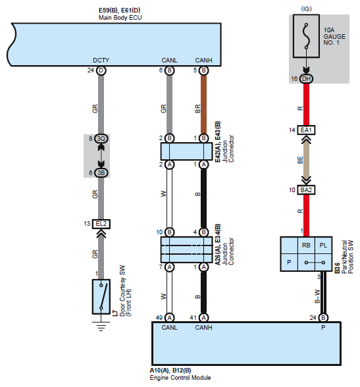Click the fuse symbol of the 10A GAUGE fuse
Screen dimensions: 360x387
point(306,36)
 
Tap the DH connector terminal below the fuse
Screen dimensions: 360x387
point(306,79)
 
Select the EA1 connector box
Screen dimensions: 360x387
point(306,130)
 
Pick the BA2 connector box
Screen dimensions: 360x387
point(306,190)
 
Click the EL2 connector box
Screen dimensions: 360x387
point(101,224)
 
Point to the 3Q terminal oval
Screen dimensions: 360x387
point(101,139)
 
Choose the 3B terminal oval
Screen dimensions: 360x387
point(101,172)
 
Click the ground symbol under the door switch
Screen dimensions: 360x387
point(101,326)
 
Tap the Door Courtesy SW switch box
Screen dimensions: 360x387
point(101,297)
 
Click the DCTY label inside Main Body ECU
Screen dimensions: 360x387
point(101,61)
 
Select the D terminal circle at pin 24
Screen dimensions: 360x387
point(101,70)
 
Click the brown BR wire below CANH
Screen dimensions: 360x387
point(203,105)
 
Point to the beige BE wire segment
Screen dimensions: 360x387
point(306,161)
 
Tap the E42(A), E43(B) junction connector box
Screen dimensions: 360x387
point(186,151)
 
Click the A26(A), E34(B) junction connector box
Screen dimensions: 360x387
point(186,250)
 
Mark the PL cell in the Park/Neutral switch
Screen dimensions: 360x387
point(323,245)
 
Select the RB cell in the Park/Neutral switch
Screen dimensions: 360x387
point(306,245)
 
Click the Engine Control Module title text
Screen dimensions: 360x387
point(180,378)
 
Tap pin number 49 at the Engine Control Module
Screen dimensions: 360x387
point(159,318)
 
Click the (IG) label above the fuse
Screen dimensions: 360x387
point(306,9)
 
